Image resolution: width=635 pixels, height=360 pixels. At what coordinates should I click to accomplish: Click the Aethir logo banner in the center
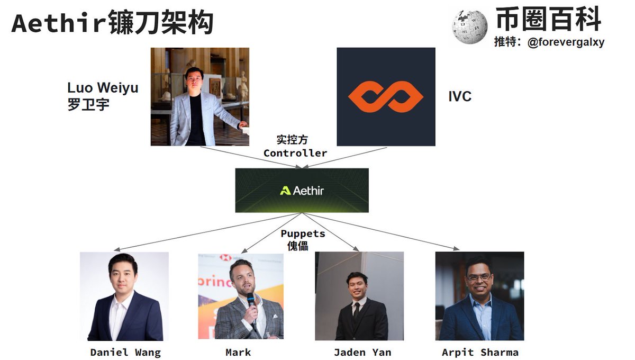(302, 191)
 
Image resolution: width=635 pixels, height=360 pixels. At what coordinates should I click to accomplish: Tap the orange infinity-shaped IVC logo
(386, 97)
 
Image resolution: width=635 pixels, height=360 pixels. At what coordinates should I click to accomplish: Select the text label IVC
(459, 96)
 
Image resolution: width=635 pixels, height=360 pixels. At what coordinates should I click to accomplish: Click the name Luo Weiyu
(103, 87)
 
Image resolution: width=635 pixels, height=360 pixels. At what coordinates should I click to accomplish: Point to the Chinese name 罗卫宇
(88, 104)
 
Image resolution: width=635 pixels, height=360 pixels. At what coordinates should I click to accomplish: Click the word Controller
(295, 153)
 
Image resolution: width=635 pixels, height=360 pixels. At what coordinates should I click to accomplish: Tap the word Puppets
(303, 233)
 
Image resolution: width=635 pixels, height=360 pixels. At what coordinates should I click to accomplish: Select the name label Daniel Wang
(125, 352)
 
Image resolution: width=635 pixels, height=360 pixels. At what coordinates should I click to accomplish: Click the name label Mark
(238, 352)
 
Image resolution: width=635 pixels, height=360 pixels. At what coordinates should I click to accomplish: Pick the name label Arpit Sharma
(480, 352)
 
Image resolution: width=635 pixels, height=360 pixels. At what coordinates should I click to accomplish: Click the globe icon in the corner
(469, 26)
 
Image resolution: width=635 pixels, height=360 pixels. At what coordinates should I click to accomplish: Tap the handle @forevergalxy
(566, 42)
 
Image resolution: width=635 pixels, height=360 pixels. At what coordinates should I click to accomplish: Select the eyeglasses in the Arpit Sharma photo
(479, 277)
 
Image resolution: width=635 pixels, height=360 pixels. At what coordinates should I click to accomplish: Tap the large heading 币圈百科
(548, 20)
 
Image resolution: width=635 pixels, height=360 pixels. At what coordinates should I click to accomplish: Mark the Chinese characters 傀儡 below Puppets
(295, 246)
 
